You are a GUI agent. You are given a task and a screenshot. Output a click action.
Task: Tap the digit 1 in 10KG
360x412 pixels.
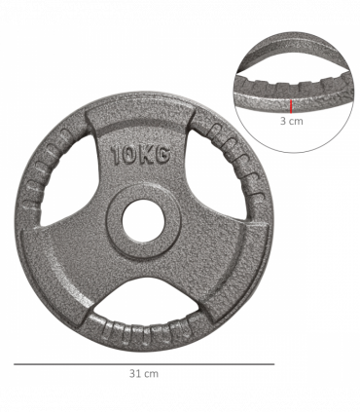tap(117, 154)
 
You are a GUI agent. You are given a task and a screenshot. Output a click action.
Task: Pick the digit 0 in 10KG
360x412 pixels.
tap(128, 154)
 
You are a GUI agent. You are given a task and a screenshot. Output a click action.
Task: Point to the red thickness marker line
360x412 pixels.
tap(290, 105)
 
